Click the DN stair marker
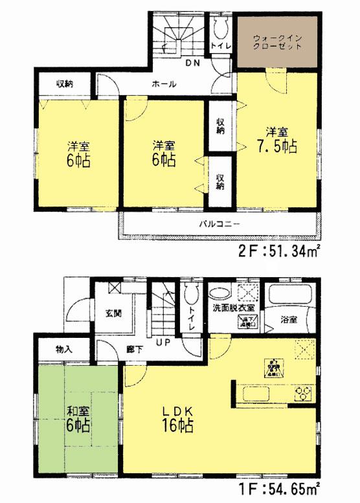tap(192, 63)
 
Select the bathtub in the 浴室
tap(290, 298)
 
